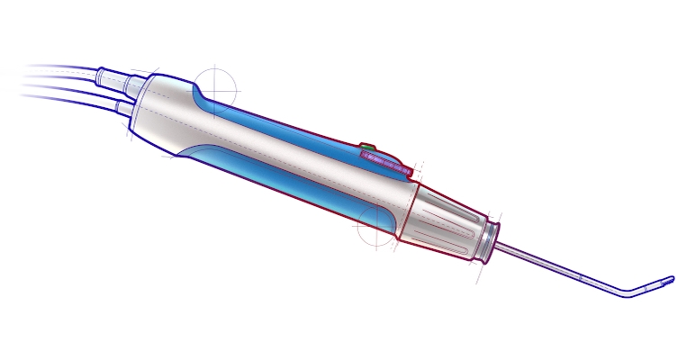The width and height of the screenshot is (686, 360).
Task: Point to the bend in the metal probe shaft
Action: pyautogui.click(x=628, y=293)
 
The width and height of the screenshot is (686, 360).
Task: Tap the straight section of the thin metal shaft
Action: pyautogui.click(x=558, y=267)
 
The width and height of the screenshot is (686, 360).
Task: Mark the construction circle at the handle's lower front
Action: pyautogui.click(x=377, y=226)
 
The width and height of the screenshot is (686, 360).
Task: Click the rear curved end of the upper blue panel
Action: pyautogui.click(x=200, y=94)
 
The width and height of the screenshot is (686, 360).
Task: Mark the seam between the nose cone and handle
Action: pyautogui.click(x=408, y=211)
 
